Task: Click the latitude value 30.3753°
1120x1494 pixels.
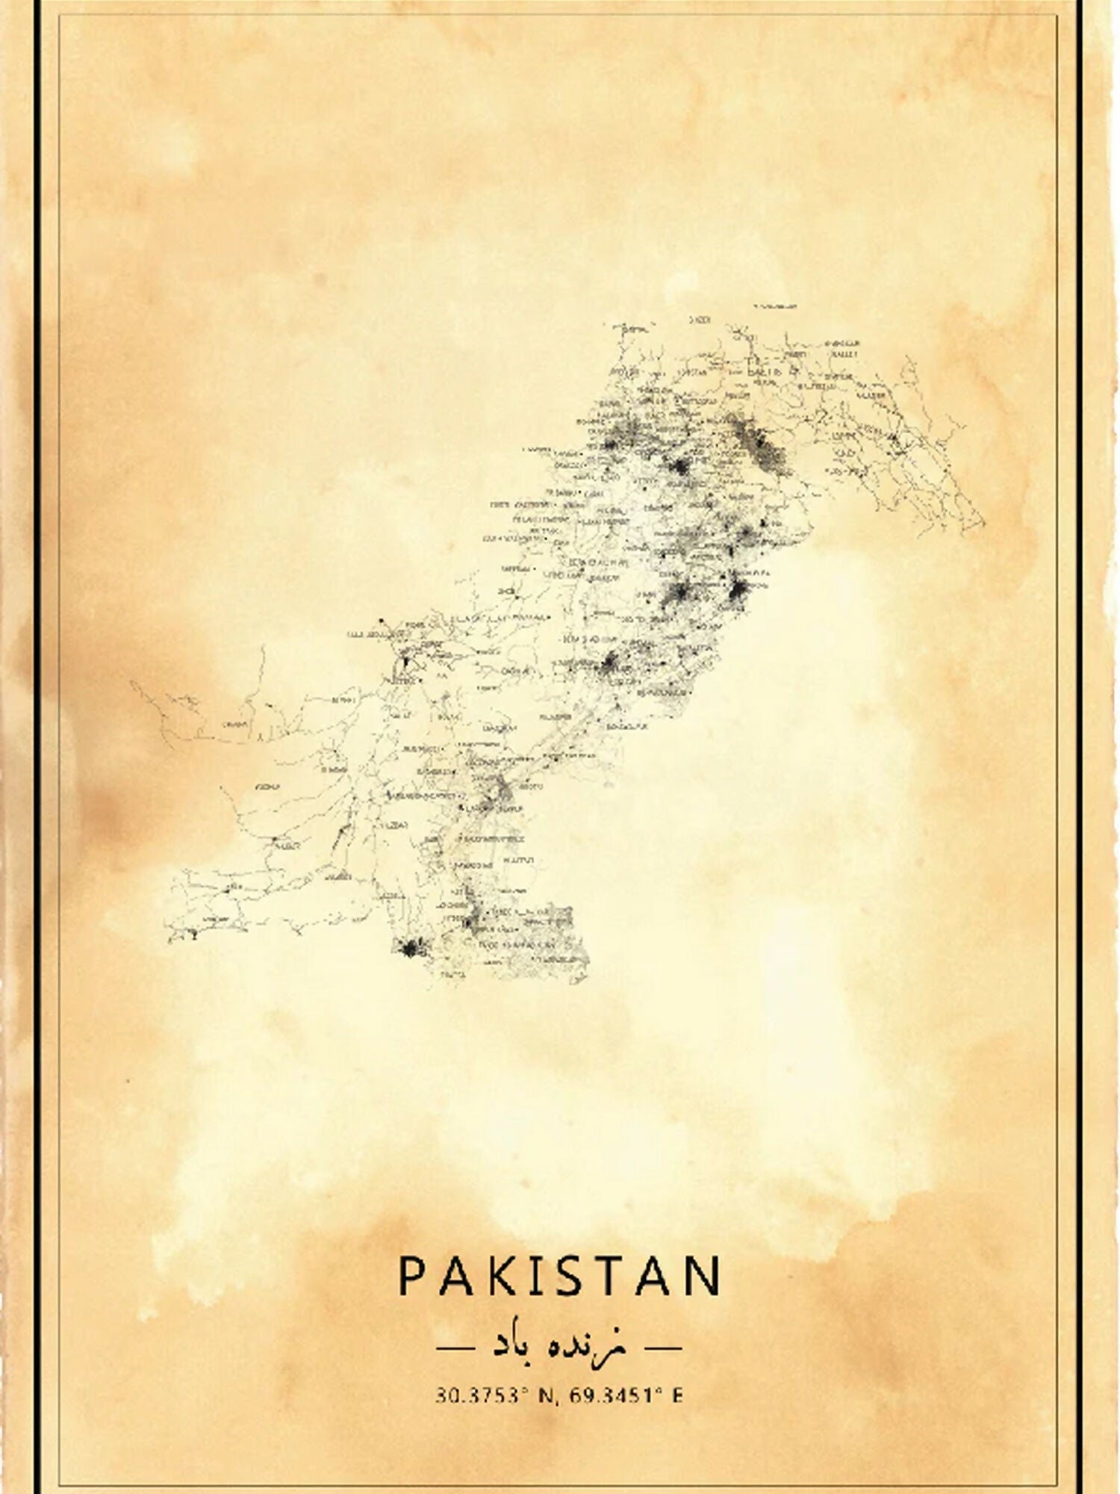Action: [x=477, y=1395]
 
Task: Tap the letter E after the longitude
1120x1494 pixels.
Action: [x=677, y=1395]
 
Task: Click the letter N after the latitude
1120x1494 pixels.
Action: [x=547, y=1395]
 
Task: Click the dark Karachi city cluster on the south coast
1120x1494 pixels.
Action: [x=409, y=949]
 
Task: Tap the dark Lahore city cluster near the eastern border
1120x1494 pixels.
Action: [x=739, y=594]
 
